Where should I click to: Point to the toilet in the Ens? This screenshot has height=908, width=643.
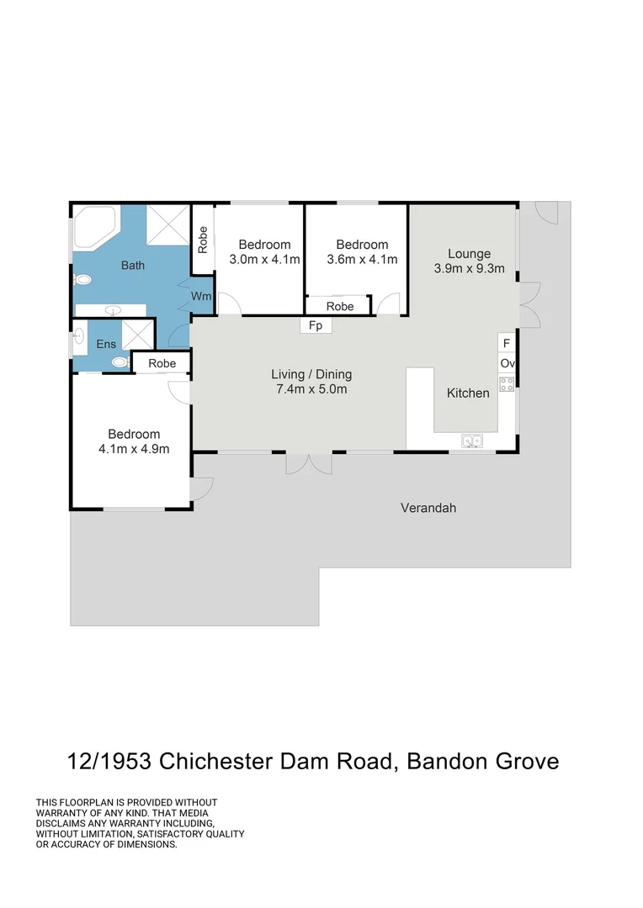tap(120, 363)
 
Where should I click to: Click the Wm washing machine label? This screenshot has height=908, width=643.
tap(201, 296)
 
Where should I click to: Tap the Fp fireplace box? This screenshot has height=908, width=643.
tap(316, 325)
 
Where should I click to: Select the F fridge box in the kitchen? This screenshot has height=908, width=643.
tap(507, 343)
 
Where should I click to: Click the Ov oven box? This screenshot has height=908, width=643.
tap(507, 363)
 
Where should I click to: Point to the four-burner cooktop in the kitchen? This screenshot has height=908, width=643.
tap(507, 384)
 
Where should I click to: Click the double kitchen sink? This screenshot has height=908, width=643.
tap(471, 440)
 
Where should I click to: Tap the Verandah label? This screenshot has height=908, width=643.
tap(428, 508)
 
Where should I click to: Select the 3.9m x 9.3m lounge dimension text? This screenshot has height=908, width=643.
tap(469, 269)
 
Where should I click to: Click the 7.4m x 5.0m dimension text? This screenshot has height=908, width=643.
tap(311, 389)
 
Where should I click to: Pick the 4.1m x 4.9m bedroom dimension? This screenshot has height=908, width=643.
tap(134, 449)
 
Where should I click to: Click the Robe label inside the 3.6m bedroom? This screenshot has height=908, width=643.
tap(340, 306)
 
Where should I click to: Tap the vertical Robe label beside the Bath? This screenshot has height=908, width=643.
tap(203, 240)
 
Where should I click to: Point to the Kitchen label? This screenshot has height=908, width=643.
tap(468, 393)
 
